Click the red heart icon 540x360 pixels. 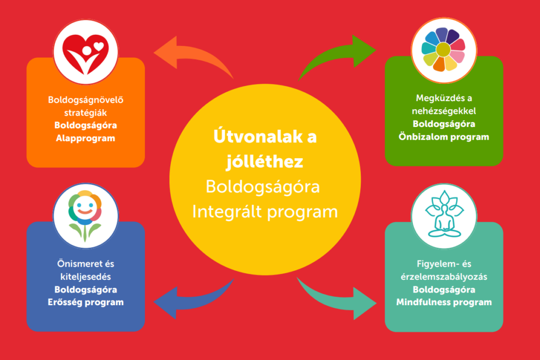coord(85,54)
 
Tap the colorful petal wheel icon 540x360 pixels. coord(443,50)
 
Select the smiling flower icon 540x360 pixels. coord(85,215)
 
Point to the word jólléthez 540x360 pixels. coord(265,161)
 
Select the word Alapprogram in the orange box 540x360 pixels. coord(85,138)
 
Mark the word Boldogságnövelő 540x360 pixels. coord(85,100)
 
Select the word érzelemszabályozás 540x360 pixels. coord(444,277)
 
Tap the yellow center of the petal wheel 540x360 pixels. coord(443,50)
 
